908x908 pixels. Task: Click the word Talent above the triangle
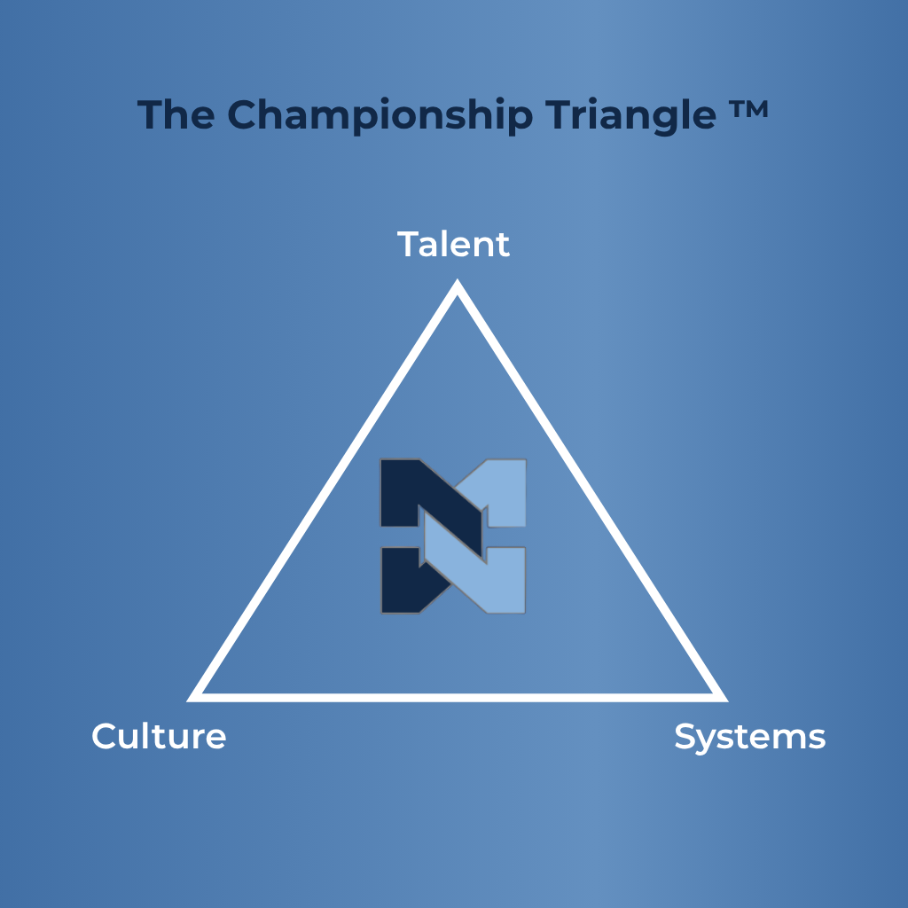point(453,245)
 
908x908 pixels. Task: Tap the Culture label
point(159,736)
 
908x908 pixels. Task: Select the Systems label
point(750,739)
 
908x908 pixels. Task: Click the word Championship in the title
point(380,116)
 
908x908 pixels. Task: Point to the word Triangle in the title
point(630,116)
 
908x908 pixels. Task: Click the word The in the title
point(176,114)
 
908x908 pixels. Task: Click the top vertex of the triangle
point(457,279)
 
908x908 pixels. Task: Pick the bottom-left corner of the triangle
point(188,701)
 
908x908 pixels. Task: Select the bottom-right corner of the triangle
point(727,701)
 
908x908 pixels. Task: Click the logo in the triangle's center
point(453,536)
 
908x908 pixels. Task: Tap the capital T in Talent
point(408,245)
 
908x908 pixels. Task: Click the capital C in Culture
point(104,736)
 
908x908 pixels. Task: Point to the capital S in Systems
point(685,737)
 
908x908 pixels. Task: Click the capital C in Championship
point(242,114)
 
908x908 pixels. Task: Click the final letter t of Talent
point(503,247)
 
